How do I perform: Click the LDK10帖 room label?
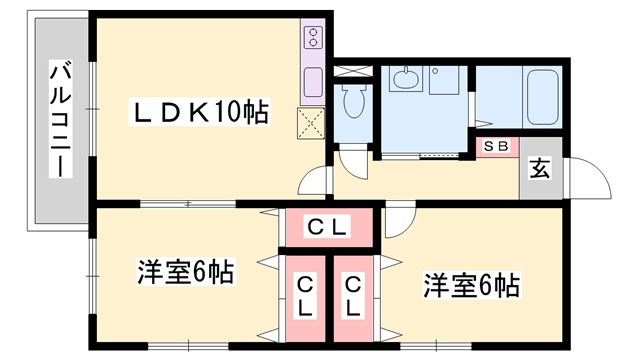click(199, 112)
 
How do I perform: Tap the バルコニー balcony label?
click(61, 119)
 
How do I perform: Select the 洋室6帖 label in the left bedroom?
click(186, 271)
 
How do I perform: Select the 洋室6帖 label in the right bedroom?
click(471, 286)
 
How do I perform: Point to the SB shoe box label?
click(496, 146)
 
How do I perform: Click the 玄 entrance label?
click(540, 168)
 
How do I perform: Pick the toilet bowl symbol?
click(353, 101)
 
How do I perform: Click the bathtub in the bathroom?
click(542, 98)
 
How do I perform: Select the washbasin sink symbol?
click(406, 78)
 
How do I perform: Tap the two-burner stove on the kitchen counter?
click(313, 37)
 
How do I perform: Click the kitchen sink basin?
click(313, 82)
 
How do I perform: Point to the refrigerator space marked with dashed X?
click(311, 124)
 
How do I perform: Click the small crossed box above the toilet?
click(353, 71)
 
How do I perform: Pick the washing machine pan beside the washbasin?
click(444, 80)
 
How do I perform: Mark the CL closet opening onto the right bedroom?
click(353, 298)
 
